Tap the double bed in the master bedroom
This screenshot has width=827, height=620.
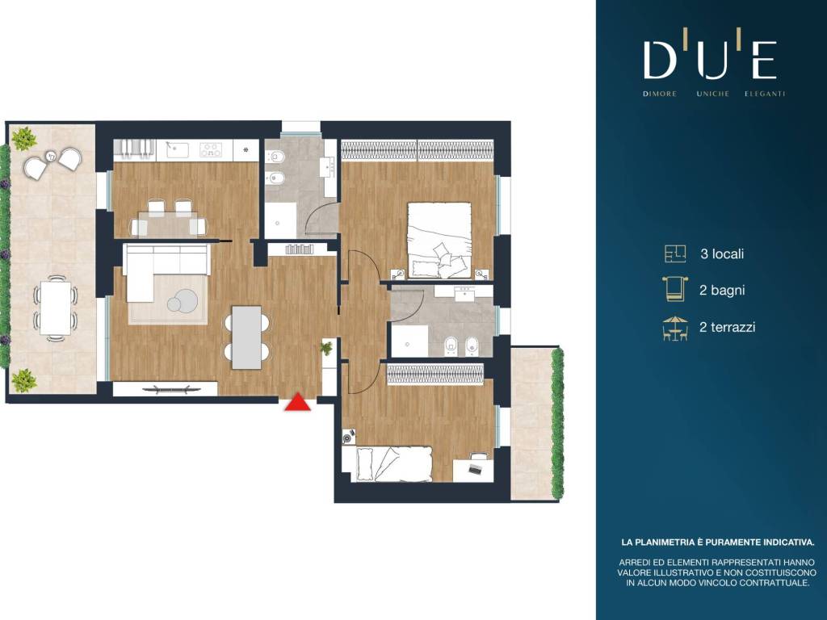439,241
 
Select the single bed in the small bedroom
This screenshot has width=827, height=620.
393,464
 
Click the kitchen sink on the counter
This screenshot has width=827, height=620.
177,149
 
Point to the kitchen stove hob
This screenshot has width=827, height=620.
211,150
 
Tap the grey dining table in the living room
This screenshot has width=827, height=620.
247,337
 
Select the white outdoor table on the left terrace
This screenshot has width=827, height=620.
56,308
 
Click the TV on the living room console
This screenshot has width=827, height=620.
168,390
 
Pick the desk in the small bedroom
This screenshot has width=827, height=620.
473,471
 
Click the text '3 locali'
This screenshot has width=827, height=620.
722,253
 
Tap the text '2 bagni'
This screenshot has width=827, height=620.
722,290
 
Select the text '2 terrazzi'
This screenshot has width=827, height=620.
728,327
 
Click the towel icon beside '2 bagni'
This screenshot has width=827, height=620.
675,289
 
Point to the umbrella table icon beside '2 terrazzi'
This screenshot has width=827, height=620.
675,329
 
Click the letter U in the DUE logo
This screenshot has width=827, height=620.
713,60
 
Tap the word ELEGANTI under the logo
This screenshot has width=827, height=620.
765,94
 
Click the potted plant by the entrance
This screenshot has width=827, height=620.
327,348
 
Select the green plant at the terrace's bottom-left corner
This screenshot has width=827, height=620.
24,379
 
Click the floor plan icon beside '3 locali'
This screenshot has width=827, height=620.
675,253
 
